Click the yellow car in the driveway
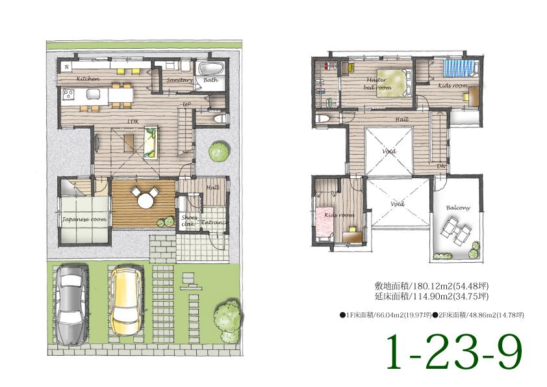(x=126, y=302)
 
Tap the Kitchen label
(x=88, y=79)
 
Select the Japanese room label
(x=84, y=220)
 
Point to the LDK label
(x=133, y=122)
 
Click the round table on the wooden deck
(x=144, y=198)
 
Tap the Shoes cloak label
(x=188, y=220)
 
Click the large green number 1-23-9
(x=454, y=352)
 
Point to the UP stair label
(x=186, y=104)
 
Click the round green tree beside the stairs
(x=218, y=152)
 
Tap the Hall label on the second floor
(x=401, y=120)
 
